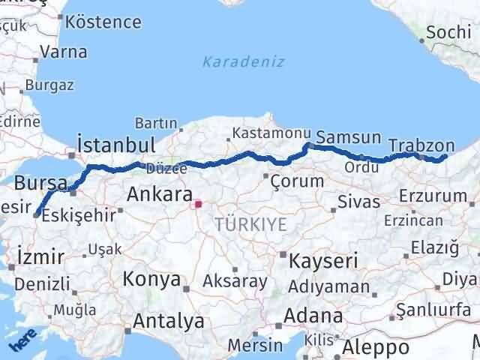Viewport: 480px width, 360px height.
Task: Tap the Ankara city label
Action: (160, 194)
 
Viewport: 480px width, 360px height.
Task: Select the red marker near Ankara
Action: (198, 203)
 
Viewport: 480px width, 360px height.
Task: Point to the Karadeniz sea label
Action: (244, 61)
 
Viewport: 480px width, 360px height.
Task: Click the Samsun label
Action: (348, 138)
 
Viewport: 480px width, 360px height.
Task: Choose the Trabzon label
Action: (422, 145)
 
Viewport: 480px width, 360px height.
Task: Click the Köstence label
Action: (108, 21)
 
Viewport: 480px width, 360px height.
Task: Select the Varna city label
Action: (64, 52)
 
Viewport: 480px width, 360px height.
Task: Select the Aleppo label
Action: (376, 347)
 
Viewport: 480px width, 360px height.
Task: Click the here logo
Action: (22, 341)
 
